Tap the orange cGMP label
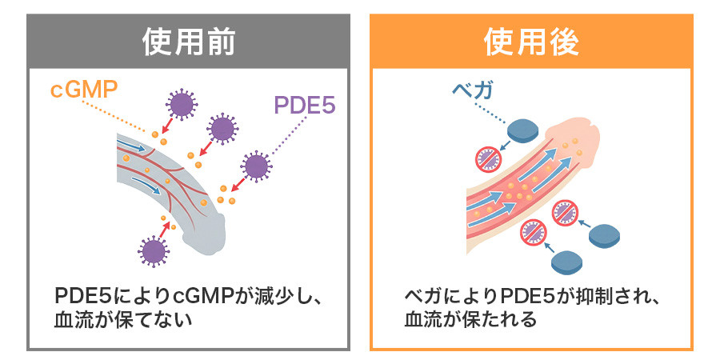coord(83,90)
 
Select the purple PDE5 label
coord(305,106)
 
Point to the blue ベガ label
coord(473,90)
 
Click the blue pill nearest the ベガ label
coord(523,130)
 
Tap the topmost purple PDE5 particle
coord(182,104)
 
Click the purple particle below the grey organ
coord(154,251)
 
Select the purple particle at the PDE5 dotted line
coord(256,166)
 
